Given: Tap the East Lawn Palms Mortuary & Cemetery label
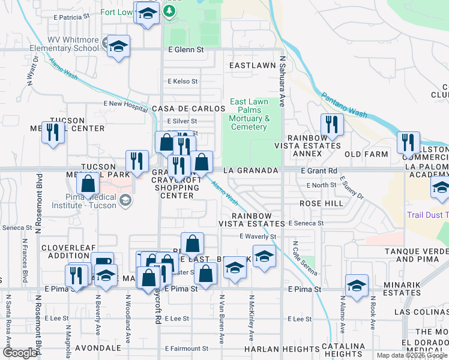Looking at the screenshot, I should coord(249,114).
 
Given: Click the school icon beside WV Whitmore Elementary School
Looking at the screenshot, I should coord(119,46).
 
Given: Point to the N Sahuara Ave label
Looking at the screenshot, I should coord(282,75).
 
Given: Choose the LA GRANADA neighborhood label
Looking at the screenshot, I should coord(250,171).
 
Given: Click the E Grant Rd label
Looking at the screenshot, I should coord(320,171).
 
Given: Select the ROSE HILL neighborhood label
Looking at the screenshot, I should coord(321,203).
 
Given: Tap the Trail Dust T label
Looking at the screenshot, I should coord(427,215).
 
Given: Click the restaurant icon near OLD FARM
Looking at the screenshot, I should coord(408,143).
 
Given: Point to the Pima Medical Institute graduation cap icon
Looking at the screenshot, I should coord(125,199).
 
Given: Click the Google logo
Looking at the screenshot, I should coord(20,353).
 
